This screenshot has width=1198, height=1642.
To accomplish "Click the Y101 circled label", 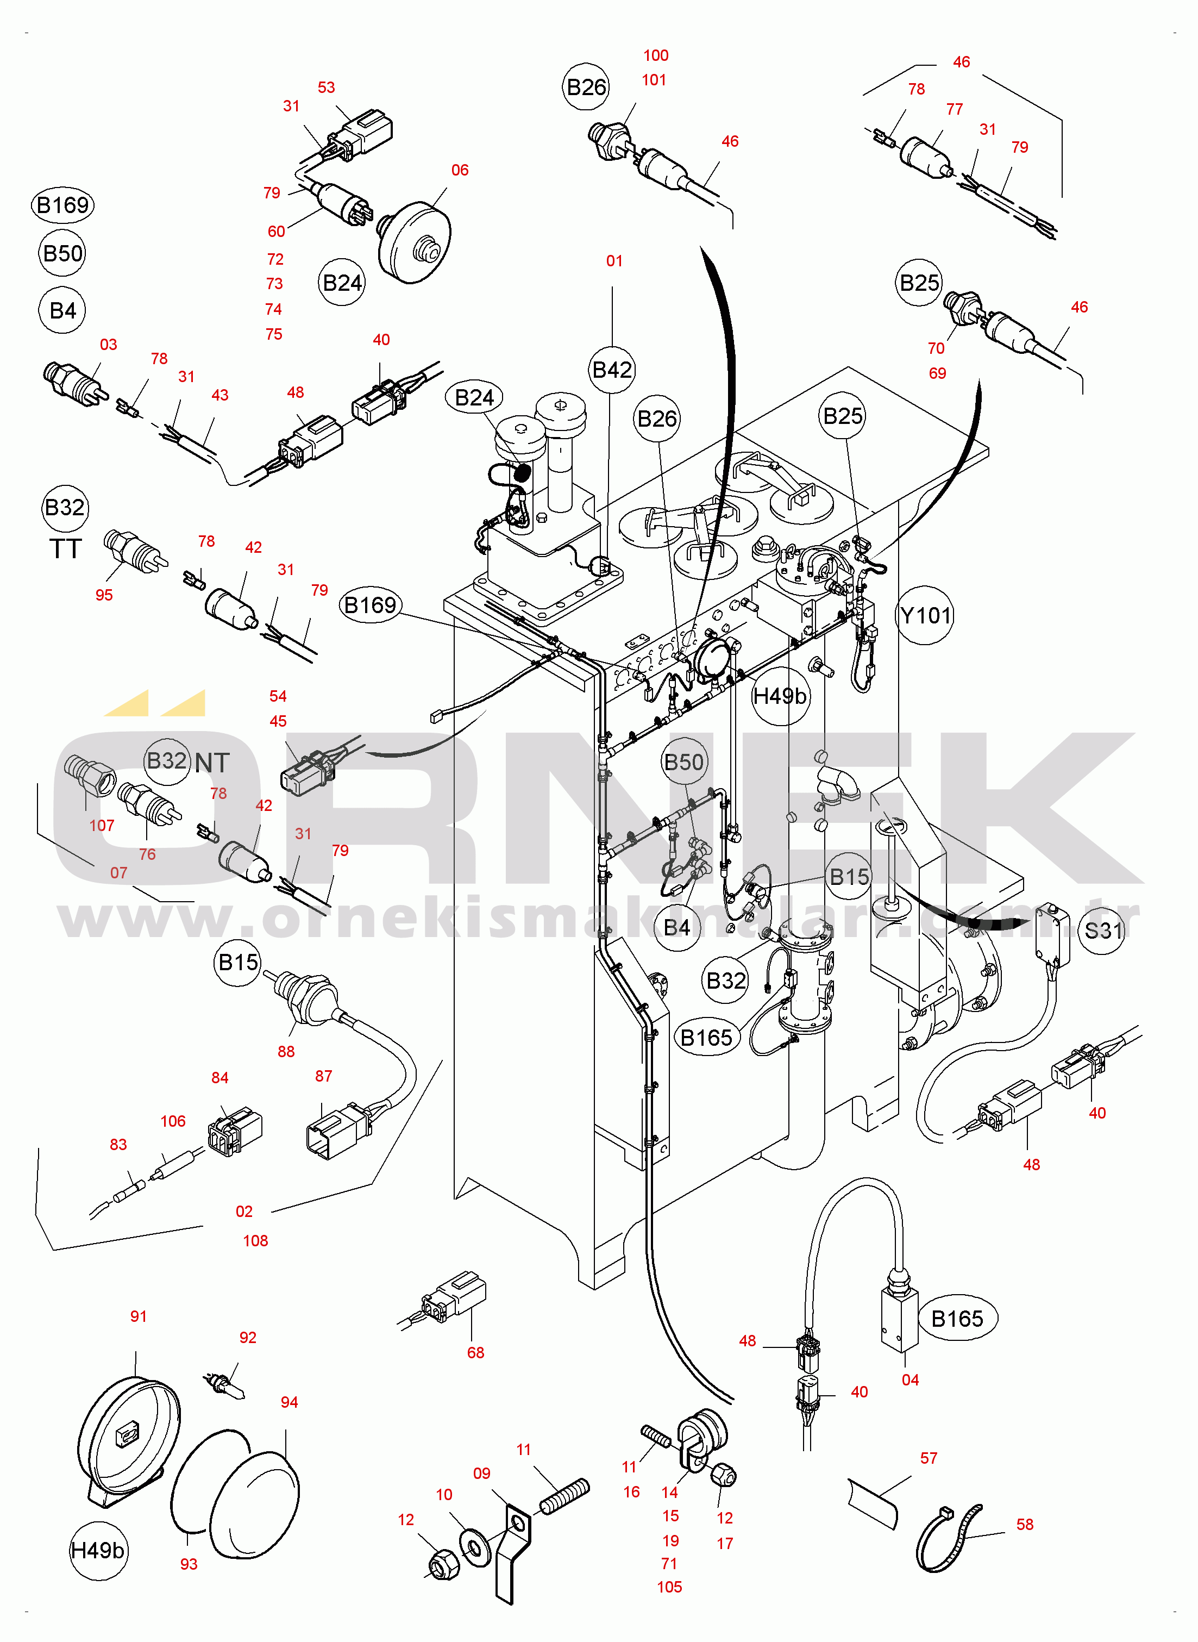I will pos(925,616).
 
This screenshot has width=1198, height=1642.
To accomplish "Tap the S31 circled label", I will pos(1102,931).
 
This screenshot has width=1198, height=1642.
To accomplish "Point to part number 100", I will pos(656,56).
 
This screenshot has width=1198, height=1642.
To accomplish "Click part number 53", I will pos(327,88).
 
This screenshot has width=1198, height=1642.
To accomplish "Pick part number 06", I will pos(460,171).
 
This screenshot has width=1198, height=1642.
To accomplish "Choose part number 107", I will pos(102,826).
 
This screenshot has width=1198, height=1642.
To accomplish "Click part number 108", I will pos(255,1241).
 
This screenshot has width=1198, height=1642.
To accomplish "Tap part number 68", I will pos(476,1353).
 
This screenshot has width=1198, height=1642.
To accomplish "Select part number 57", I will pos(928,1458).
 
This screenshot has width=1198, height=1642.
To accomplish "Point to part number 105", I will pos(669,1587).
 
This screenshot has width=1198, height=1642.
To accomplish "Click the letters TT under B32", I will pos(65,549).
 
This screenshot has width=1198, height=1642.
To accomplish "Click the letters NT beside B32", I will pos(212,763).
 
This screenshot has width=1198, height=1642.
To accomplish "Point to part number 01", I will pos(614,261).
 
